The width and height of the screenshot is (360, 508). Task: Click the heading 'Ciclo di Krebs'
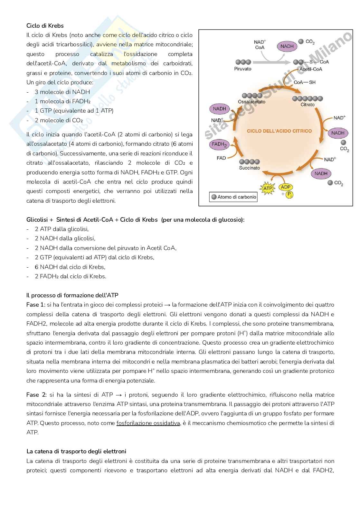[x=45, y=25]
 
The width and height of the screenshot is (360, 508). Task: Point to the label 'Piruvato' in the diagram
[x=243, y=69]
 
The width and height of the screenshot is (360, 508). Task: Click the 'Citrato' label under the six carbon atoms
[x=307, y=105]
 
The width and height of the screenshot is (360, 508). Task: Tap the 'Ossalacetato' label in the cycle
[x=251, y=102]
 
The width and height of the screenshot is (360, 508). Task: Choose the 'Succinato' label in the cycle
[x=249, y=168]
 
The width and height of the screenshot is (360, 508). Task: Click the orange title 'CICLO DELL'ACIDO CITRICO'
[x=279, y=131]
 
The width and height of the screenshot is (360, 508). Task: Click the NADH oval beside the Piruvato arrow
[x=287, y=46]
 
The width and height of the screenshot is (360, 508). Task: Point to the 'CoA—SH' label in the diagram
[x=304, y=82]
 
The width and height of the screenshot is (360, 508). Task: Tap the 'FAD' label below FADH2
[x=221, y=158]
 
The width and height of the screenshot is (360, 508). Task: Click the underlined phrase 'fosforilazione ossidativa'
[x=148, y=423]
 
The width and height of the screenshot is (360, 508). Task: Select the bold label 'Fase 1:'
[x=36, y=304]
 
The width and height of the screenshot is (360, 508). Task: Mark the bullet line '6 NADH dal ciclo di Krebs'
[x=70, y=267]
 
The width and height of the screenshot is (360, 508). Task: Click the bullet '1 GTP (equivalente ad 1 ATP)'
[x=74, y=111]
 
